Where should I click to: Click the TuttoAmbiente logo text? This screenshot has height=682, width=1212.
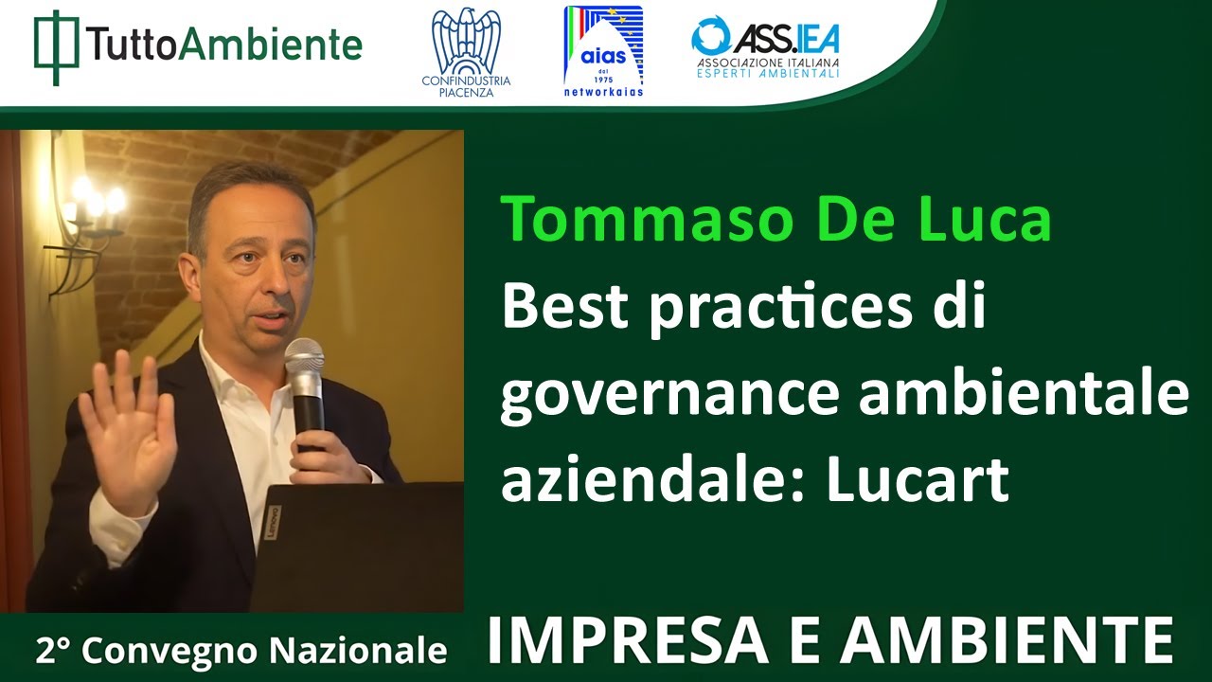[223, 44]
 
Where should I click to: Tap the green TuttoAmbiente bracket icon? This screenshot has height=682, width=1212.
[56, 46]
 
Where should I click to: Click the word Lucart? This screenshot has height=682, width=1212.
[918, 481]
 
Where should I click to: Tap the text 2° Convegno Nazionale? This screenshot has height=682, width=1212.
[241, 651]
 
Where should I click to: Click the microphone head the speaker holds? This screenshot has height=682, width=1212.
[304, 361]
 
